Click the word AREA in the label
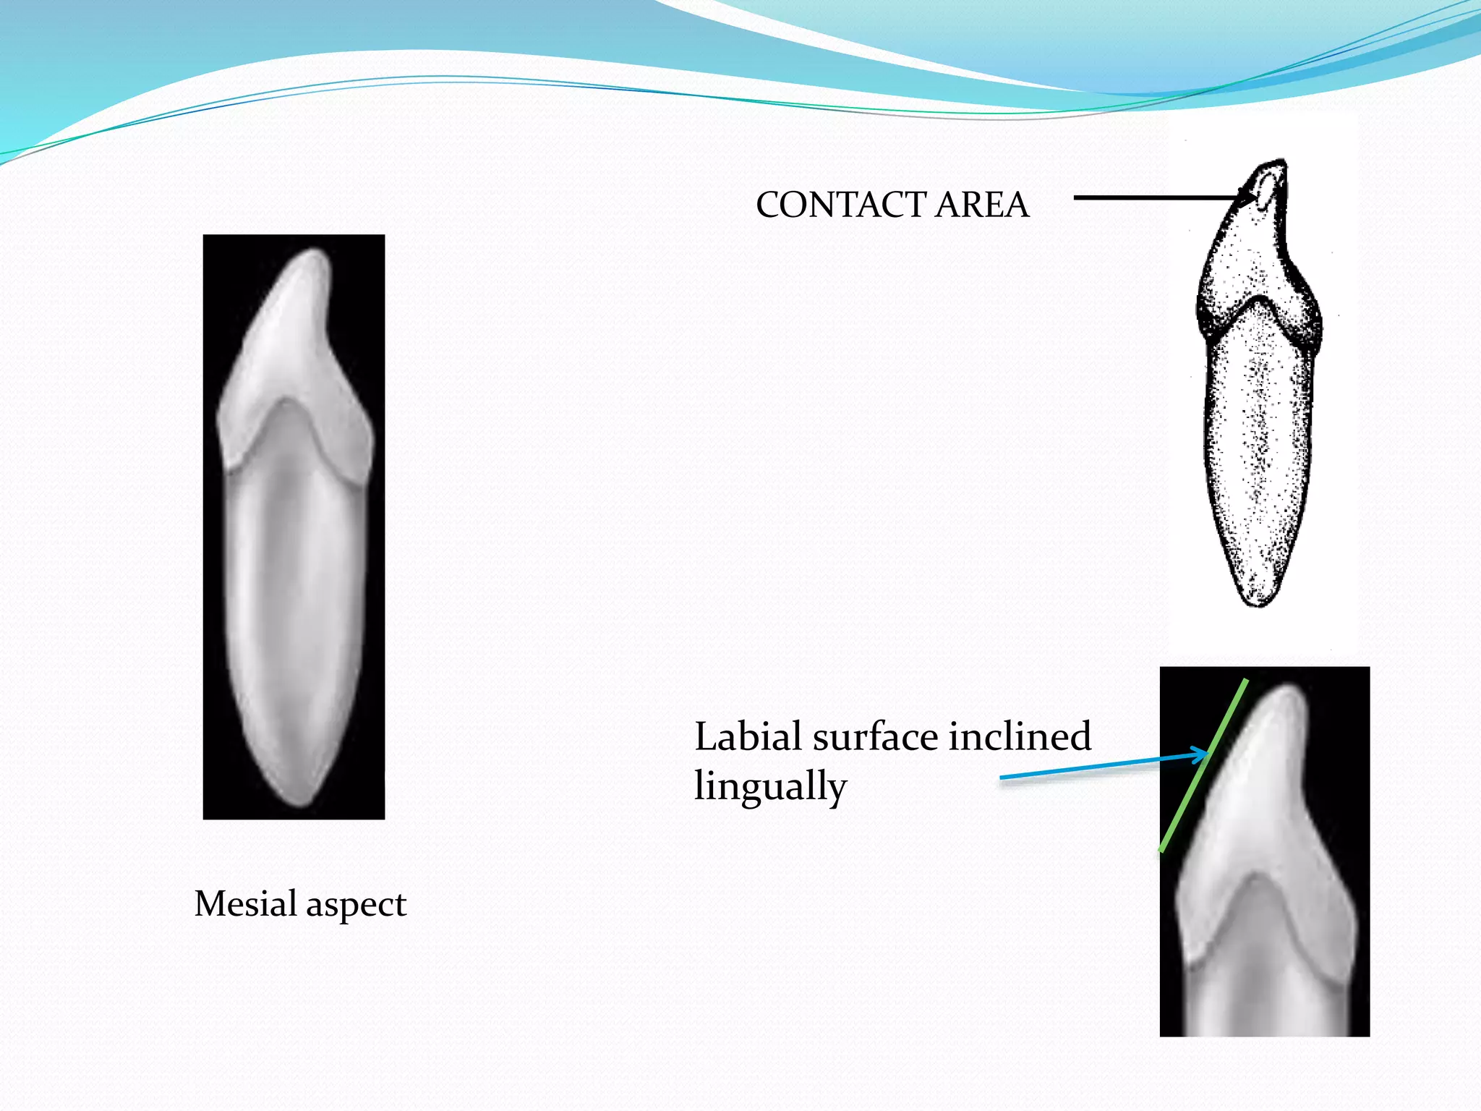(982, 205)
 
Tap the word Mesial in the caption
(246, 903)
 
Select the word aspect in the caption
(356, 905)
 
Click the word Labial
(748, 737)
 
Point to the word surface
(878, 737)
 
